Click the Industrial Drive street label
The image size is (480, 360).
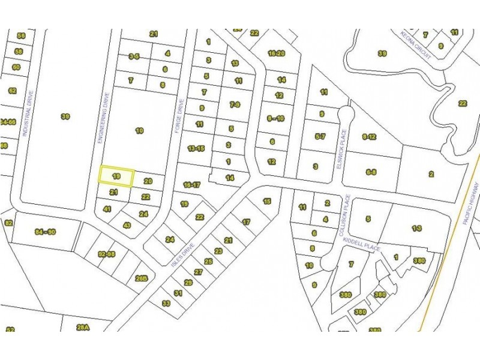click(x=26, y=114)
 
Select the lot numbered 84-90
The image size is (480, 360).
click(x=45, y=232)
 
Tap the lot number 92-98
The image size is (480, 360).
click(x=107, y=254)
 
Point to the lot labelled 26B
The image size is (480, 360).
click(x=142, y=278)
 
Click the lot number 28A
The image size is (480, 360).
click(x=83, y=327)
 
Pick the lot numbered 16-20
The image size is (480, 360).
click(x=277, y=53)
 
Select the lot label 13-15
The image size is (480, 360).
click(x=196, y=148)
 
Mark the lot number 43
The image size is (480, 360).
click(x=127, y=225)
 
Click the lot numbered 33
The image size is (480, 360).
click(x=166, y=304)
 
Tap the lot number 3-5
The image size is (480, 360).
click(x=134, y=56)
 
